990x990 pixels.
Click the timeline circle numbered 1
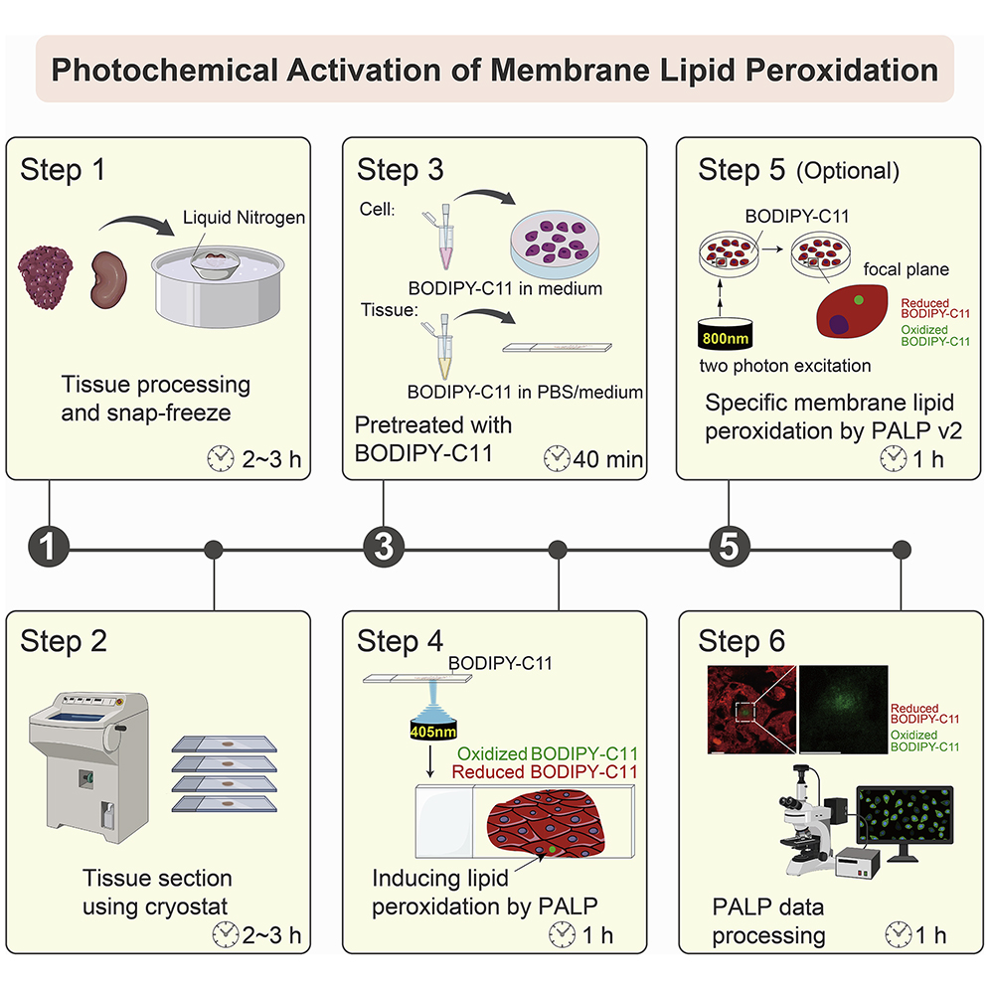49,548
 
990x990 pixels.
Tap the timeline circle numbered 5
729,548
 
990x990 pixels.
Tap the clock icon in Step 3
558,458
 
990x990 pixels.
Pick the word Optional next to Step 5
847,171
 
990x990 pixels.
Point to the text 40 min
609,459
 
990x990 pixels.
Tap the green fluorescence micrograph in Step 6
845,711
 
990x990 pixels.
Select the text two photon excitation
785,365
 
